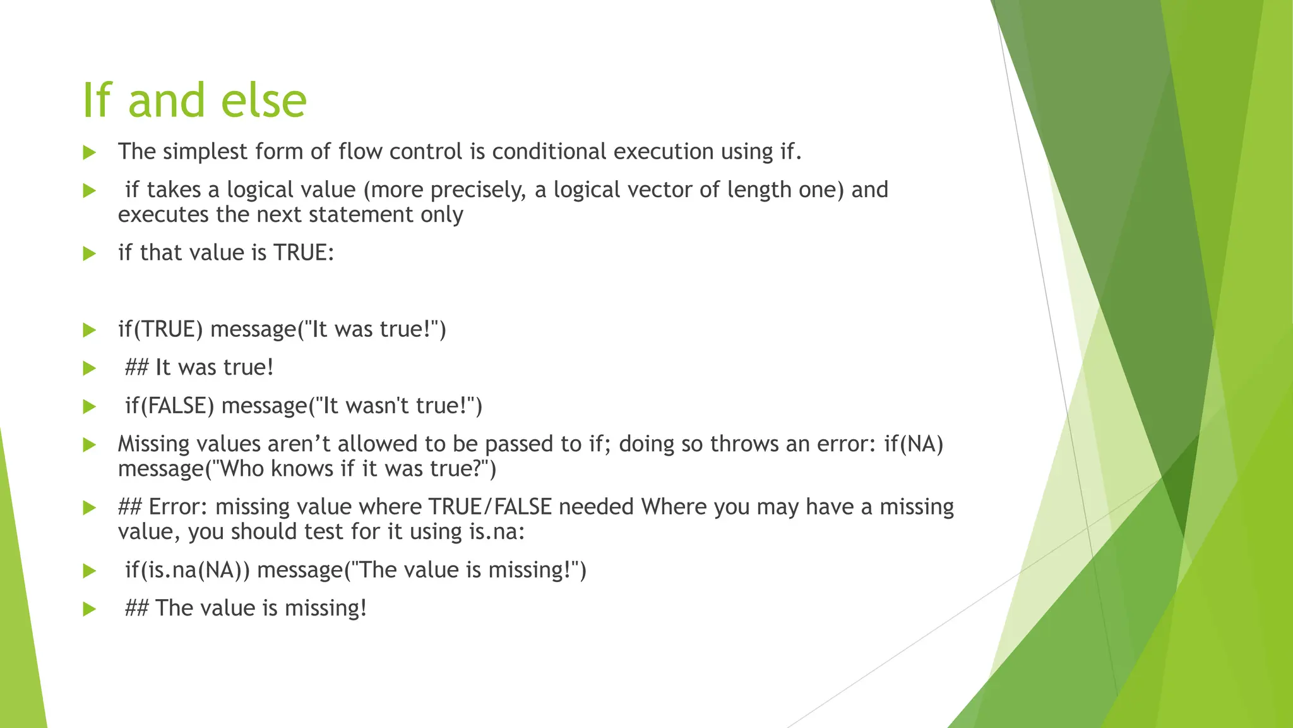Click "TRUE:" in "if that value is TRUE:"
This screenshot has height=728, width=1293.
tap(303, 253)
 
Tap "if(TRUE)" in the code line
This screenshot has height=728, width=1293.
tap(160, 329)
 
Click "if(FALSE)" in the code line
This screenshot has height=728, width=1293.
tap(170, 406)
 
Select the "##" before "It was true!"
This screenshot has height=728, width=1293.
tap(136, 368)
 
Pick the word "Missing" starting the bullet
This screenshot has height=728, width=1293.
tap(153, 444)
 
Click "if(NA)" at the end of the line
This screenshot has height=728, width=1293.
tap(914, 444)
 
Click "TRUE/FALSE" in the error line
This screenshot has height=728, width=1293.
tap(490, 507)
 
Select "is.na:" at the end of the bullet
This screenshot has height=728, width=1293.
tap(497, 531)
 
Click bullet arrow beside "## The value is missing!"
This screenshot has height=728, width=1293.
tap(89, 609)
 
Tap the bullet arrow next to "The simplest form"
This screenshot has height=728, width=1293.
tap(89, 152)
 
